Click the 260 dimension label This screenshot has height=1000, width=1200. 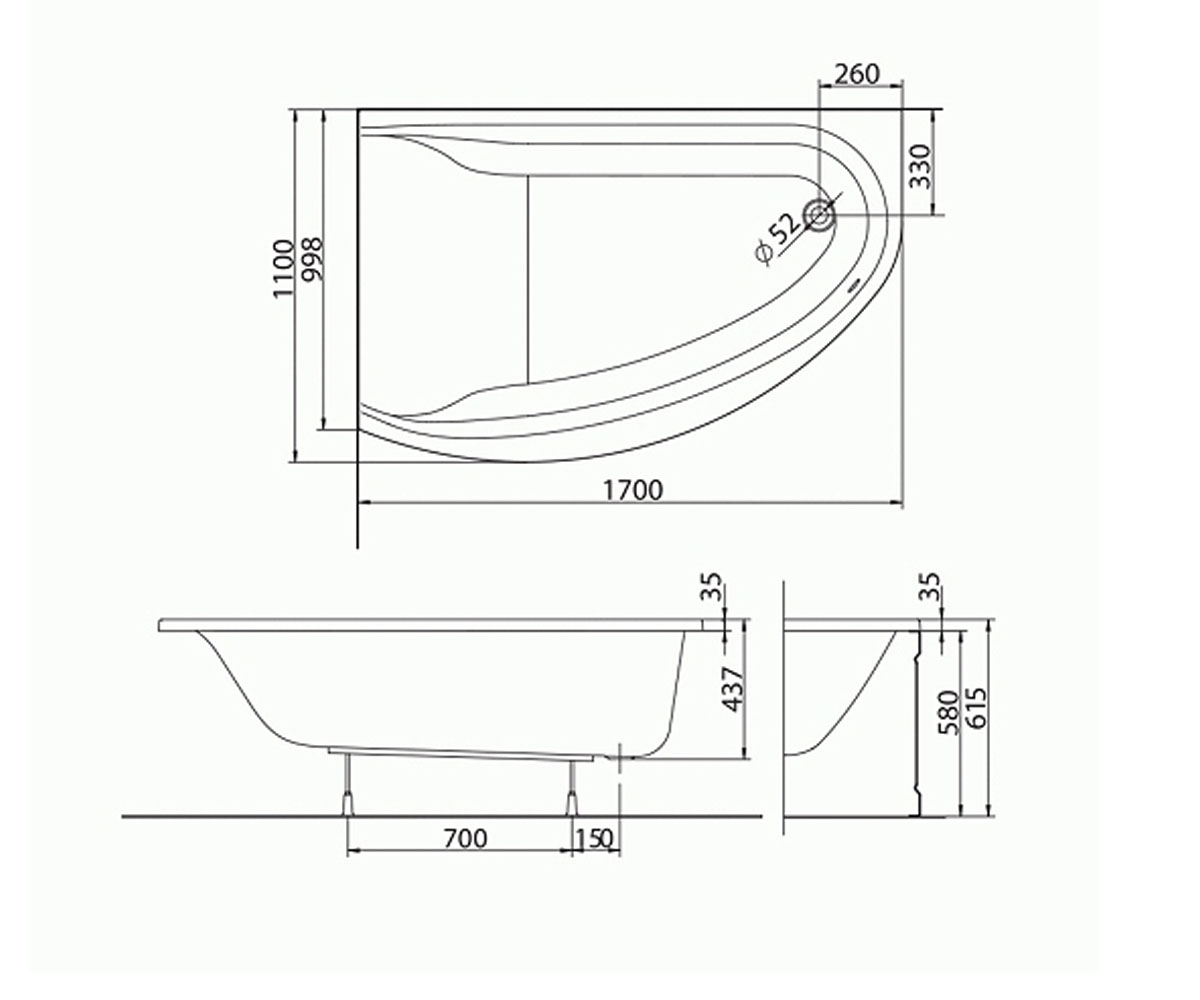(856, 75)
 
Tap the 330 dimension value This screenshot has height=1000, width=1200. (920, 166)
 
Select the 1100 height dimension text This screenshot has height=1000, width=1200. (283, 268)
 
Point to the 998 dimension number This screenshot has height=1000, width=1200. (313, 259)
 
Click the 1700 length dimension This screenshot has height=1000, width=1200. (632, 490)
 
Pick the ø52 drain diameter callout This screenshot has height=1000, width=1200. (778, 238)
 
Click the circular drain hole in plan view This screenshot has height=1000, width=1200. (820, 215)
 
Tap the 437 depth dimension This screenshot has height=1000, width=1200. (733, 690)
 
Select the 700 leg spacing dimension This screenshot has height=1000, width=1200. (466, 839)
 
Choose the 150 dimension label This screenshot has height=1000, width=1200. (594, 839)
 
